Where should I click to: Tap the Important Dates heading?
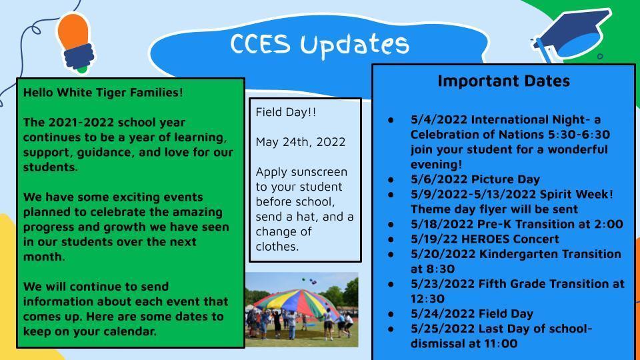(x=504, y=81)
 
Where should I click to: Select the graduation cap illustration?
(x=571, y=36)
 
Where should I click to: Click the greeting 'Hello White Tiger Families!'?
(x=103, y=93)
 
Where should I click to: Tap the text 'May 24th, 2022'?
(x=301, y=142)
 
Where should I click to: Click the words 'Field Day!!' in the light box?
(x=286, y=112)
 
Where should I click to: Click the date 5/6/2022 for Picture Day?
(x=439, y=179)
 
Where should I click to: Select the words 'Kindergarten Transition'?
(x=550, y=254)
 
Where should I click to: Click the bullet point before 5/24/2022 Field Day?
(x=391, y=314)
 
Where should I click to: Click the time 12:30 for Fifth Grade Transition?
(x=427, y=299)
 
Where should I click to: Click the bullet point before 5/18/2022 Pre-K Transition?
(x=391, y=225)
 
